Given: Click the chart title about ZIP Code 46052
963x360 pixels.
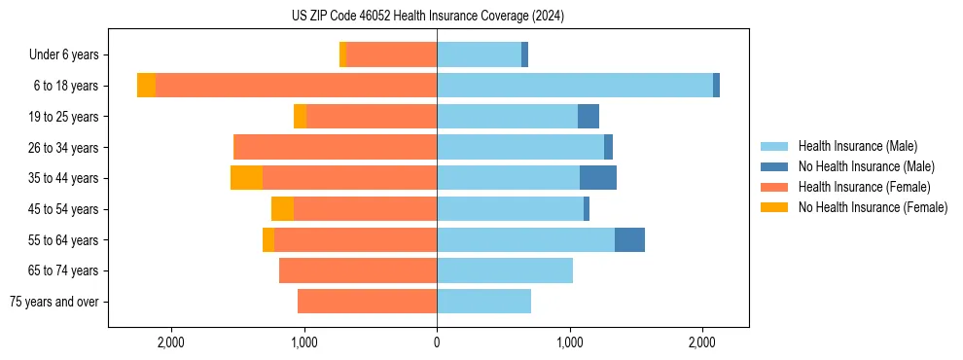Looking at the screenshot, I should point(427,17).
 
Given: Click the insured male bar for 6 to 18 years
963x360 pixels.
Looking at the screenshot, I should point(574,86).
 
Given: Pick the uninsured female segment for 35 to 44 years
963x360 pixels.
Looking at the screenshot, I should point(246,178).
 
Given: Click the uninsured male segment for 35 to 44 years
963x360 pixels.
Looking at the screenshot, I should point(598,178).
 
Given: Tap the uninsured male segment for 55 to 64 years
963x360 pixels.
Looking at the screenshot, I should point(629,239).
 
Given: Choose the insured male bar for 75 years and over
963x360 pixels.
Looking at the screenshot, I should point(483,302).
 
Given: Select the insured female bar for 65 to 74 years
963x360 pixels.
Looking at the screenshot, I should point(358,270).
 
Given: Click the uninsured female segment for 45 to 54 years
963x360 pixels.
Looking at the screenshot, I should point(282,209).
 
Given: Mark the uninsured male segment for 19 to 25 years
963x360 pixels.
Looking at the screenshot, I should point(588,117).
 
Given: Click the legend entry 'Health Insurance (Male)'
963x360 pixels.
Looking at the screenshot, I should point(857,146).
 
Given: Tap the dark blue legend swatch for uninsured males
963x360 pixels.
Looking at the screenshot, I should point(774,166).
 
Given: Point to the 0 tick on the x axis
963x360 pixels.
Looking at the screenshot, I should point(437,342).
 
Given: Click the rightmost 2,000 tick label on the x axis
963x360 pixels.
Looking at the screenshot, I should point(702,342).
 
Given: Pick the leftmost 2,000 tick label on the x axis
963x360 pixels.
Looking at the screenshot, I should point(171,342).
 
